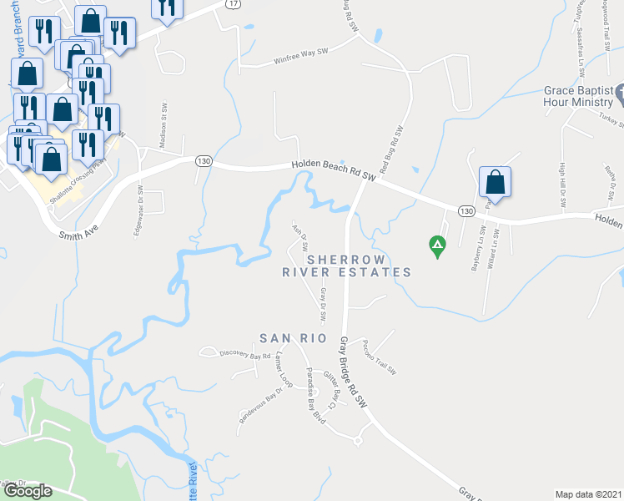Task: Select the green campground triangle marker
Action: (x=435, y=245)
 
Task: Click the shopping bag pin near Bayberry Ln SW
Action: (x=495, y=181)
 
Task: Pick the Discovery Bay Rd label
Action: (x=245, y=354)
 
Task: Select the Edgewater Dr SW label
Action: (x=138, y=210)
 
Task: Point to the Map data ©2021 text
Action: (x=588, y=494)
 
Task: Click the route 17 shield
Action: (x=233, y=5)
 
